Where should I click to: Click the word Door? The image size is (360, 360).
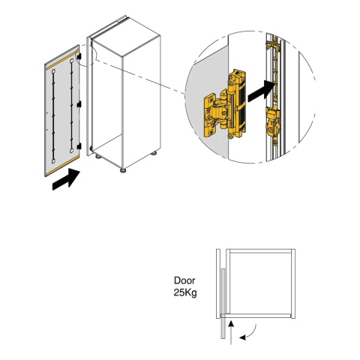click(184, 280)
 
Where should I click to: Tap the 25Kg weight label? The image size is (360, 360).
click(185, 292)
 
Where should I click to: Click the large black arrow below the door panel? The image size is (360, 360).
click(66, 179)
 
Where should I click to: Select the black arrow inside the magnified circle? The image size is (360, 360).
click(261, 91)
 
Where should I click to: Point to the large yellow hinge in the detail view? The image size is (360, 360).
click(225, 104)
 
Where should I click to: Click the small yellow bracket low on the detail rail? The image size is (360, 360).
click(273, 124)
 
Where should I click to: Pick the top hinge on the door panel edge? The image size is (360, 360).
click(79, 57)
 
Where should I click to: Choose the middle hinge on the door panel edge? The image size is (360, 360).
click(79, 104)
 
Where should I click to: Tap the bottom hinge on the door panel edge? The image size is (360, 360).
click(79, 146)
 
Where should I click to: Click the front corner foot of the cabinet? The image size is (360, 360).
click(123, 171)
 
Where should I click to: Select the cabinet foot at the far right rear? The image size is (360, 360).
click(154, 152)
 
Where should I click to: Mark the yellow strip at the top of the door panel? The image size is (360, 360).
click(62, 59)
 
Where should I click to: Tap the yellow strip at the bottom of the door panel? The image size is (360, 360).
click(62, 165)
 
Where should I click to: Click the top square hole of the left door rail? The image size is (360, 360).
click(53, 72)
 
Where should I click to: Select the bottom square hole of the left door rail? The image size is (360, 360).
click(53, 161)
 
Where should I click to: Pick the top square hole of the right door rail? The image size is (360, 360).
click(72, 61)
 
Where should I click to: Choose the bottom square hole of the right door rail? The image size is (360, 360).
click(72, 151)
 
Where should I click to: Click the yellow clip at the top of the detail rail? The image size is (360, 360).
click(273, 45)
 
